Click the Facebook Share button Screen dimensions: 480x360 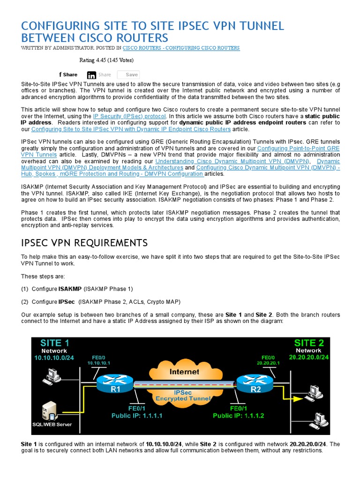click(x=68, y=75)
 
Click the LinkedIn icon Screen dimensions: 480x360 click(x=92, y=75)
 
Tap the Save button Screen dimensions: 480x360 click(x=128, y=75)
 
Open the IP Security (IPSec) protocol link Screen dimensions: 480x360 click(x=129, y=116)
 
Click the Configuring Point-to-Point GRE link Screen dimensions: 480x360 click(x=298, y=148)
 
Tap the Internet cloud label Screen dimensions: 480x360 click(x=184, y=372)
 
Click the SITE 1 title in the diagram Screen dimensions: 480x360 click(x=55, y=342)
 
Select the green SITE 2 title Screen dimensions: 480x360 click(x=308, y=342)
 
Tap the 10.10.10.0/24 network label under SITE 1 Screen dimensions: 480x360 click(x=54, y=358)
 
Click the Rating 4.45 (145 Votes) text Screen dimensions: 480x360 click(x=106, y=60)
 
